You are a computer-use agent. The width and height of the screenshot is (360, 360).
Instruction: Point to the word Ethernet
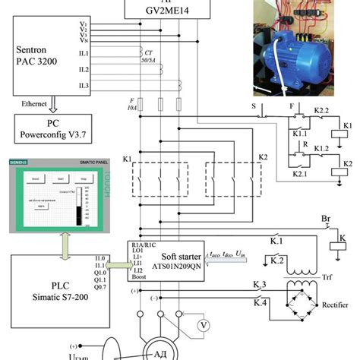click(36, 102)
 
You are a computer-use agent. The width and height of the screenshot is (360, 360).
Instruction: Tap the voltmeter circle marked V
click(203, 324)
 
